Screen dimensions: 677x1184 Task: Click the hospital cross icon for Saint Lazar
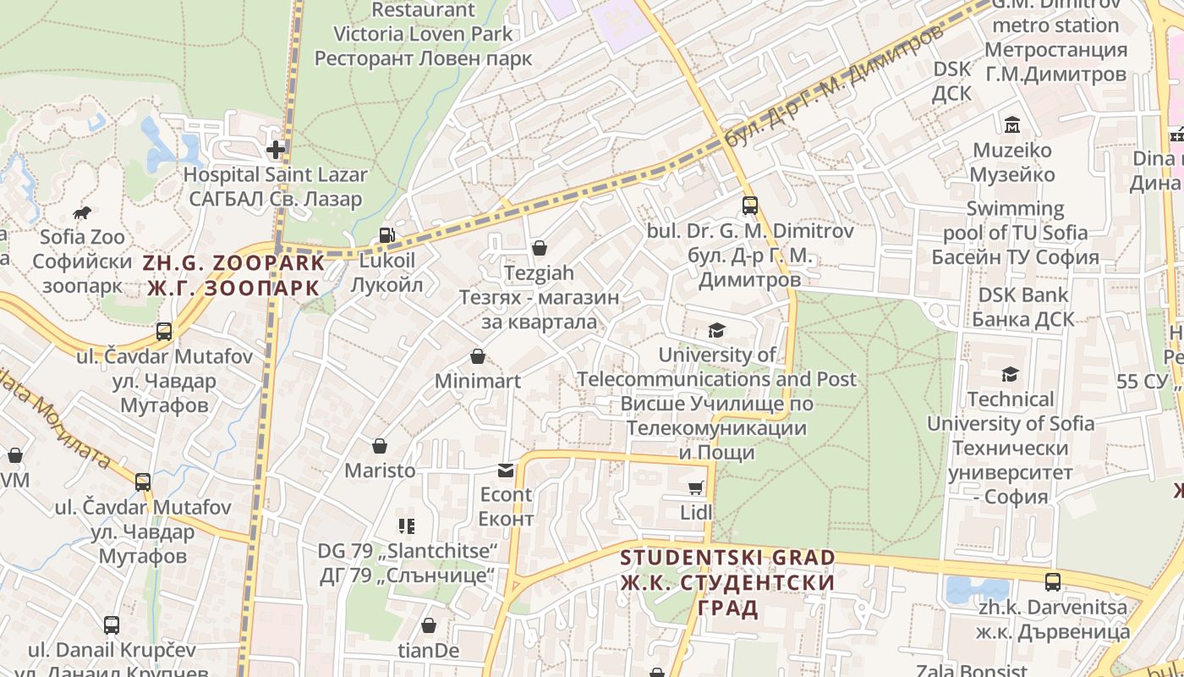(276, 151)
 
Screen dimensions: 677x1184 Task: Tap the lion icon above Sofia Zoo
(82, 212)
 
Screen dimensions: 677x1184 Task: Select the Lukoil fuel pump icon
(386, 236)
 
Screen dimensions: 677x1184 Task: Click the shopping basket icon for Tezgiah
(539, 248)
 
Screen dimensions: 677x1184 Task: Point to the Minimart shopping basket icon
(478, 356)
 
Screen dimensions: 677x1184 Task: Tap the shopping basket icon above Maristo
(380, 445)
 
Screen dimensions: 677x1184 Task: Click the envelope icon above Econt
(506, 470)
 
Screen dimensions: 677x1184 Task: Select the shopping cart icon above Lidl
(696, 487)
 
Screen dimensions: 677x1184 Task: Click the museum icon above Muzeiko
(1011, 125)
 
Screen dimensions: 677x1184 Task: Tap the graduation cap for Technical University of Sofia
(1010, 374)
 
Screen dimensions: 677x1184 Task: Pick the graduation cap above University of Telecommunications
(716, 330)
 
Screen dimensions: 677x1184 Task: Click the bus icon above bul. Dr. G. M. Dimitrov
(749, 205)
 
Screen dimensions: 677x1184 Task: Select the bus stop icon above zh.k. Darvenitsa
(1052, 582)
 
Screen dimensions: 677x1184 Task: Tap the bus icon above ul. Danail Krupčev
(112, 625)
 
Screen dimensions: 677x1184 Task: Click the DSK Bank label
(1023, 307)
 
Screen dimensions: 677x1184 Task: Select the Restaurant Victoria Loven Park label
(424, 34)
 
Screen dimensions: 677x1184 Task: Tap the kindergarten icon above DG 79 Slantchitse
(407, 526)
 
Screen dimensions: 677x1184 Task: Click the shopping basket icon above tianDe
(429, 625)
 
